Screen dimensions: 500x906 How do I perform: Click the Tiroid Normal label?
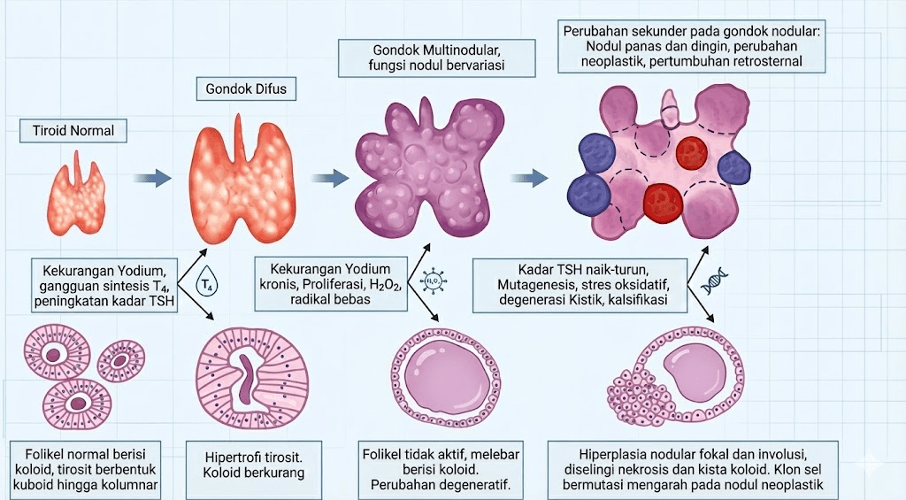point(68,131)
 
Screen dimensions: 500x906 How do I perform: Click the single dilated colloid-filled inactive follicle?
point(443,371)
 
